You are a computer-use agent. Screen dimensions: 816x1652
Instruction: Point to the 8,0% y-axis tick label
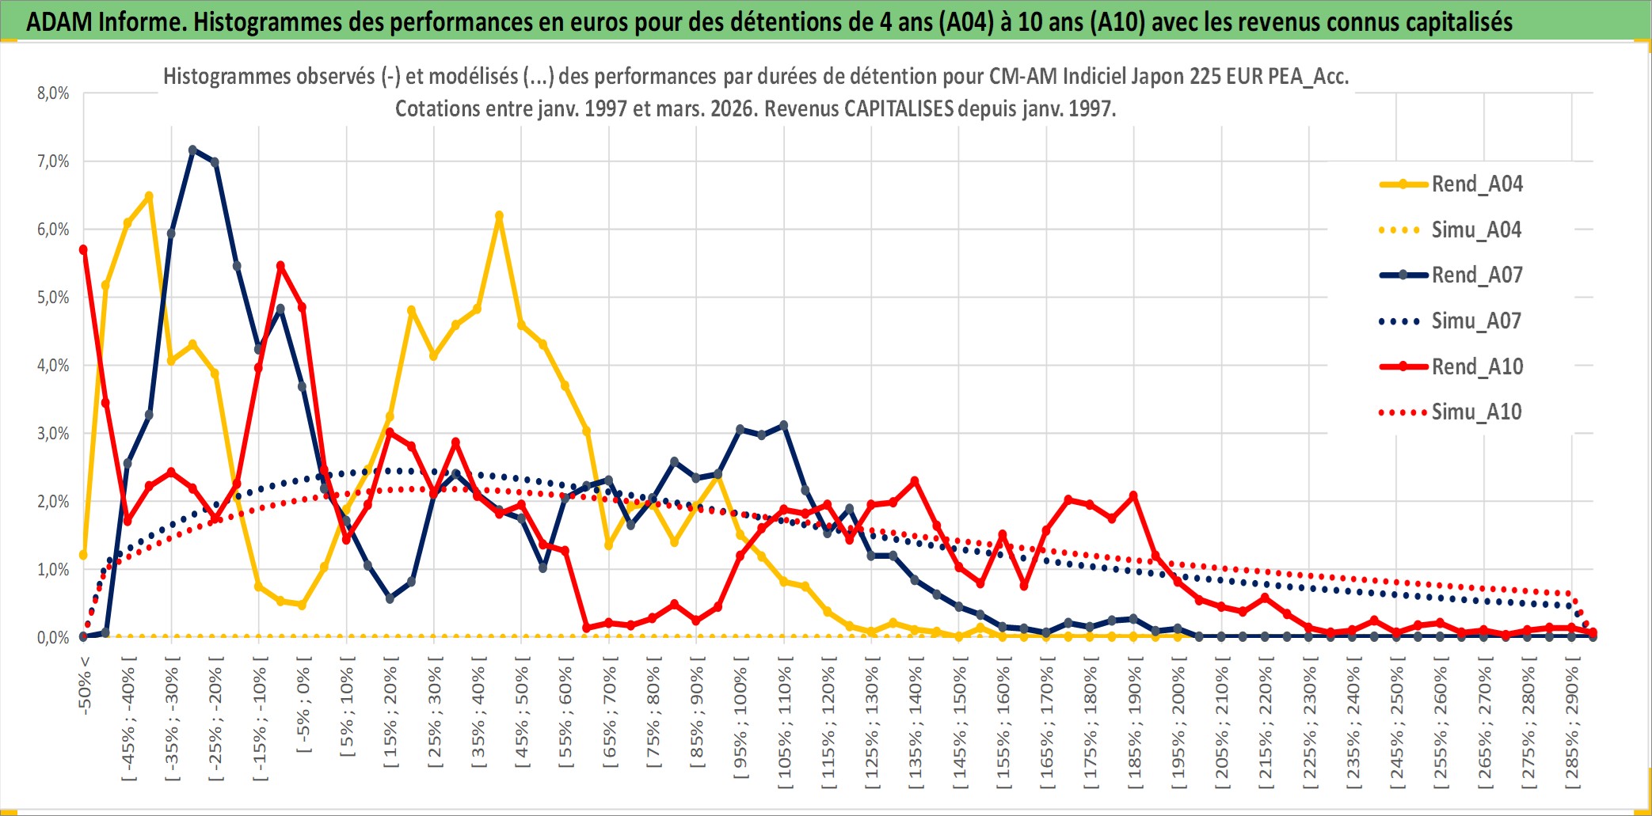coord(53,93)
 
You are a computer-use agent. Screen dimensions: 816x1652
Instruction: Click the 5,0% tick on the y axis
coord(53,298)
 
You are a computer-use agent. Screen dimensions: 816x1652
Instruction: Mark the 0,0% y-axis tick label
coord(53,638)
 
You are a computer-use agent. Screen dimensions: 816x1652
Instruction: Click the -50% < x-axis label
coord(85,685)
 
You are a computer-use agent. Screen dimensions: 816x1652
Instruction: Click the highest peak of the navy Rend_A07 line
coord(192,150)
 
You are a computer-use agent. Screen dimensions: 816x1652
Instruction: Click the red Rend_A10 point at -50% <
coord(83,250)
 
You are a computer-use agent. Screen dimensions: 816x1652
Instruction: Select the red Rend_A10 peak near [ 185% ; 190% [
coord(1133,496)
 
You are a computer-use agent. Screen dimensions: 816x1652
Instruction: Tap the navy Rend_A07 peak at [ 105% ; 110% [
coord(784,426)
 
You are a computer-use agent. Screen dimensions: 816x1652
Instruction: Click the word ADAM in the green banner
coord(59,21)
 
